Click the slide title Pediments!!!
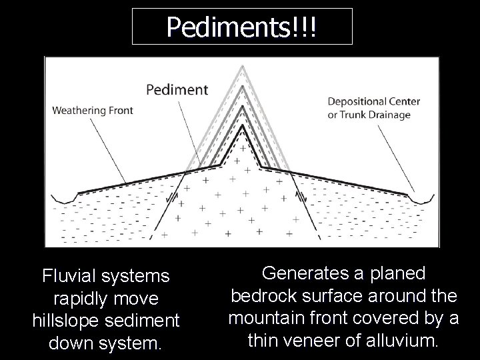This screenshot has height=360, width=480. coord(242,27)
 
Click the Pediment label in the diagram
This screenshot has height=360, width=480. coord(177,89)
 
